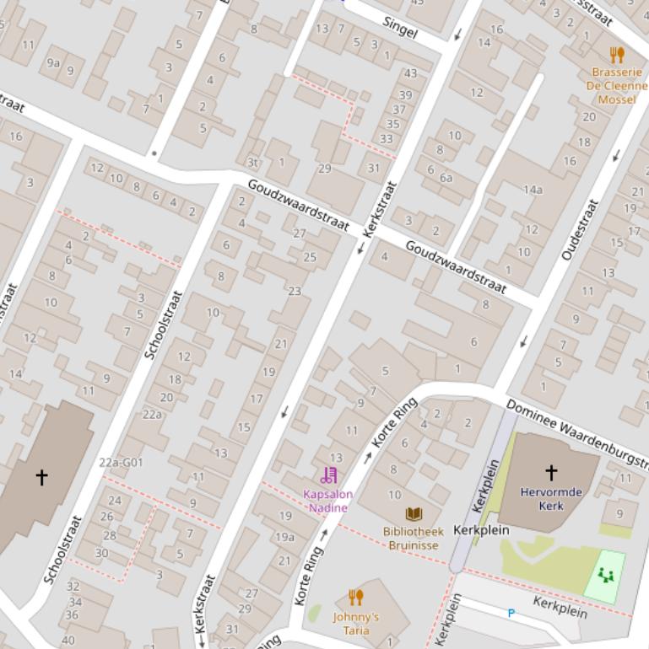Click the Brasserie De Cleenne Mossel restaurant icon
[x=617, y=55]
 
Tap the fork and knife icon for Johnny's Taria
[x=355, y=598]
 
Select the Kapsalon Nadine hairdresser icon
[x=329, y=475]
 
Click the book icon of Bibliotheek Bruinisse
[x=414, y=514]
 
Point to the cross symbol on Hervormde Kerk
[x=551, y=472]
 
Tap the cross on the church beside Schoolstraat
[x=41, y=477]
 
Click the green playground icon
[x=605, y=575]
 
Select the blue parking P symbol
[x=511, y=614]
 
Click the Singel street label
[x=400, y=27]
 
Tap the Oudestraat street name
[x=580, y=228]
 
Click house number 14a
[x=533, y=190]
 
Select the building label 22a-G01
[x=121, y=462]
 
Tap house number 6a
[x=446, y=178]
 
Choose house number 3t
[x=252, y=163]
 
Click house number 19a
[x=285, y=537]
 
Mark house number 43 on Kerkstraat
[x=411, y=73]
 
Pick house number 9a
[x=53, y=62]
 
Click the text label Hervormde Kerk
[x=551, y=498]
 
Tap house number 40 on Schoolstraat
[x=68, y=640]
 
